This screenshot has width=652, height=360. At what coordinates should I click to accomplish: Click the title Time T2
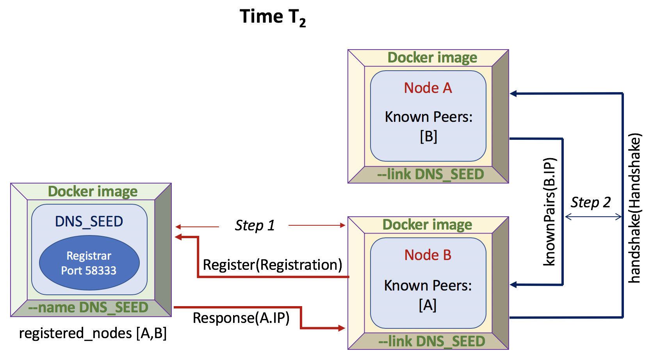[x=273, y=17]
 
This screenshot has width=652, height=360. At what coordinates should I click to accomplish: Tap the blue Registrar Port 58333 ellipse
[x=89, y=263]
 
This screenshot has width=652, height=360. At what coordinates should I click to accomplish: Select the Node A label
[x=428, y=88]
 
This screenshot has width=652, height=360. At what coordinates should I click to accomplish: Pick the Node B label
[x=428, y=255]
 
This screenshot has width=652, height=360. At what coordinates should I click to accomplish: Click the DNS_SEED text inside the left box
[x=89, y=221]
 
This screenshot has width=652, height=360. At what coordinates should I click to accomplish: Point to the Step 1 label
[x=255, y=225]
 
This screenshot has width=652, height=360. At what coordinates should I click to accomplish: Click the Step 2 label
[x=590, y=202]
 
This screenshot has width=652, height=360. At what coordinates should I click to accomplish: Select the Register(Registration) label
[x=272, y=265]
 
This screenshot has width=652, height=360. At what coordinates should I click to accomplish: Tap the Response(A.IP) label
[x=241, y=318]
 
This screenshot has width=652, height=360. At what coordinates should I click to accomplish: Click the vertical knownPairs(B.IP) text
[x=549, y=212]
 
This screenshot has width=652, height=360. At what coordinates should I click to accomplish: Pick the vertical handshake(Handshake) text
[x=634, y=208]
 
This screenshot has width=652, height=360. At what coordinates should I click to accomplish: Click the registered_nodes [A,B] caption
[x=93, y=333]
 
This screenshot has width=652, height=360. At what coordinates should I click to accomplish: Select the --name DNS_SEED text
[x=88, y=308]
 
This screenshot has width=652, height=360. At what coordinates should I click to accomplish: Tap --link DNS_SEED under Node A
[x=430, y=174]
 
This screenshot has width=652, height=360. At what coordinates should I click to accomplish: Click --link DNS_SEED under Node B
[x=431, y=341]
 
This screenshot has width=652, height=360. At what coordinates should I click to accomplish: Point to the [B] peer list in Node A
[x=428, y=136]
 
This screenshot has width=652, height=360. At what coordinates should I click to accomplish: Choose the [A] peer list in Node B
[x=428, y=305]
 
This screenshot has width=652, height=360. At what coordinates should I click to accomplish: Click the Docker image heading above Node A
[x=432, y=57]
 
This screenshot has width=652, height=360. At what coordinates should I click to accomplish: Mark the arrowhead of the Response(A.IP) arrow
[x=342, y=328]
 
